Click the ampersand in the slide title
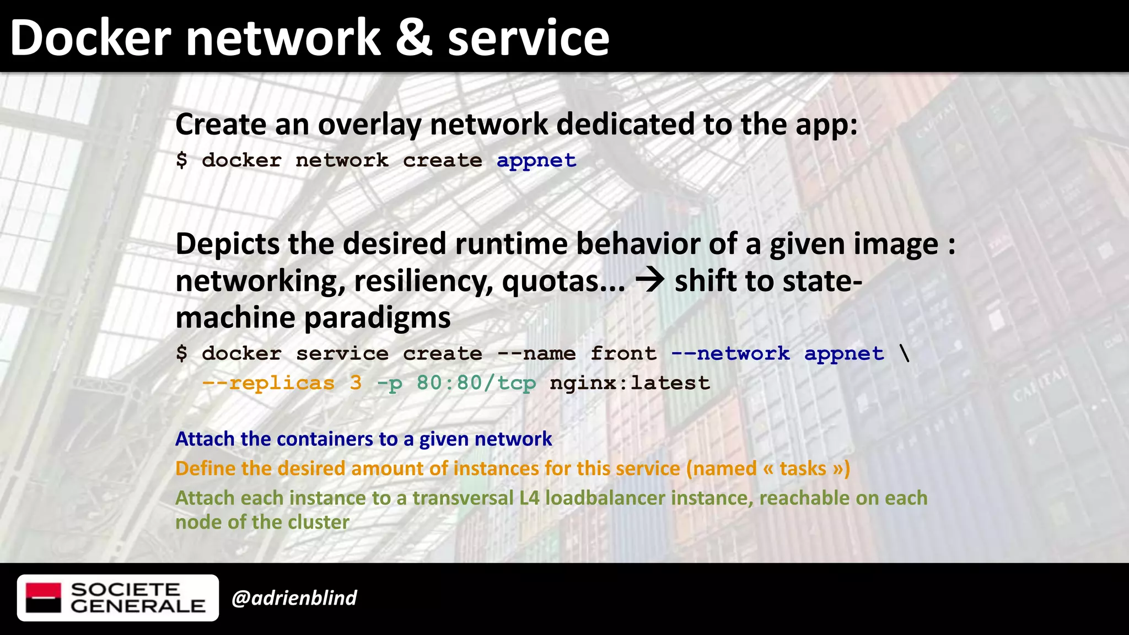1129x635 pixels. pyautogui.click(x=414, y=38)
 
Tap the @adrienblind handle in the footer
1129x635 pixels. pyautogui.click(x=294, y=598)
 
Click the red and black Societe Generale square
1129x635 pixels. pyautogui.click(x=44, y=598)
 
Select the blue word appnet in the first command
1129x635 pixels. pyautogui.click(x=536, y=160)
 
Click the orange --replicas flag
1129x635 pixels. pyautogui.click(x=268, y=383)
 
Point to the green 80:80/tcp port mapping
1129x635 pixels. pyautogui.click(x=476, y=383)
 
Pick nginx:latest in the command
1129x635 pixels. pyautogui.click(x=630, y=383)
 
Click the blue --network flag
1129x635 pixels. pyautogui.click(x=730, y=353)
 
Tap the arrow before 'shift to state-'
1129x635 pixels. pyautogui.click(x=650, y=281)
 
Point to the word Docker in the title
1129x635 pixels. pyautogui.click(x=91, y=38)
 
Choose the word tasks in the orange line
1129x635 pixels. pyautogui.click(x=803, y=469)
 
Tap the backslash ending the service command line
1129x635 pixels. pyautogui.click(x=904, y=353)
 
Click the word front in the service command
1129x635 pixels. pyautogui.click(x=623, y=353)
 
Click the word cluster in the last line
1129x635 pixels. pyautogui.click(x=321, y=522)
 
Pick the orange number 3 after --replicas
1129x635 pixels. pyautogui.click(x=356, y=383)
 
